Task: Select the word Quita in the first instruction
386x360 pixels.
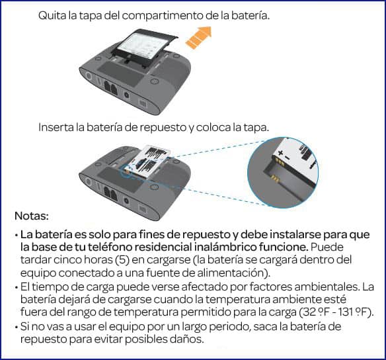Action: pos(51,15)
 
